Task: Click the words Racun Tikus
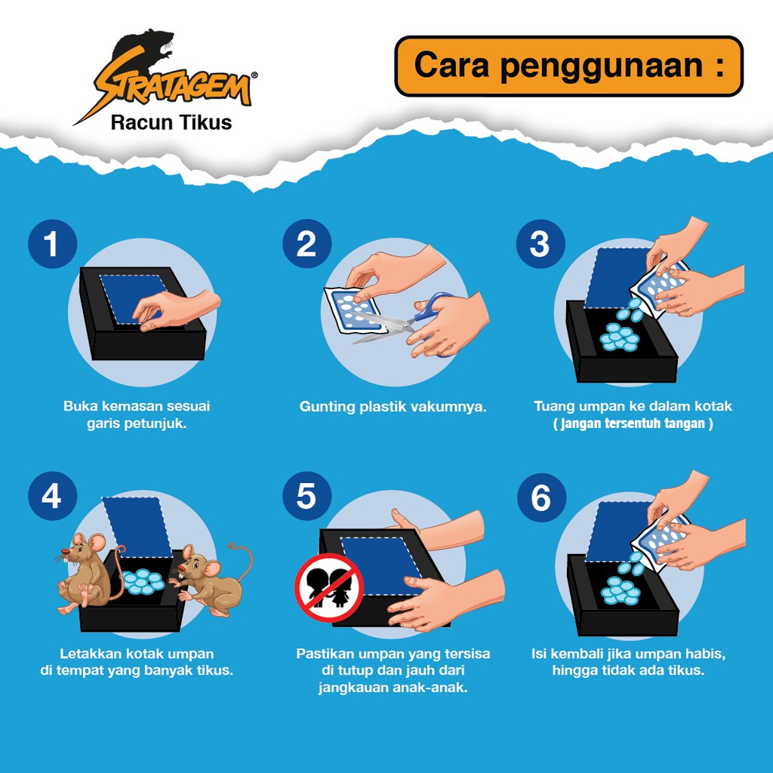(171, 122)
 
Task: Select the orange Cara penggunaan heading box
(569, 66)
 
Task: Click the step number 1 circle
(52, 244)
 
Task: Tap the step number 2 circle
(306, 244)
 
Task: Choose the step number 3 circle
(540, 244)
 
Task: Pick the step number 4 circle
(52, 496)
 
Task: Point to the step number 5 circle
(306, 496)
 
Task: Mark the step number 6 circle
(541, 497)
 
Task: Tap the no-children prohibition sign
(329, 587)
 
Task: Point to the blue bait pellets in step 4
(143, 581)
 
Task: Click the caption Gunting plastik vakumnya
(393, 407)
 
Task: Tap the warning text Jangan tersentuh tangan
(633, 423)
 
